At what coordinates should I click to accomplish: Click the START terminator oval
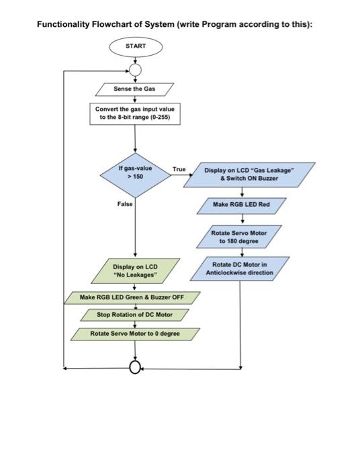click(135, 46)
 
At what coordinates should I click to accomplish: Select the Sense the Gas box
click(135, 89)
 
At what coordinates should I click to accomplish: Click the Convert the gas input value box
click(135, 113)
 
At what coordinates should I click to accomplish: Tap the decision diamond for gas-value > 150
click(135, 173)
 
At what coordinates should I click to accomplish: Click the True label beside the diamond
click(179, 169)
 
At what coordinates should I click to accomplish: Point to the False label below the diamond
click(125, 203)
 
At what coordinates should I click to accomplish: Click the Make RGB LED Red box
click(241, 204)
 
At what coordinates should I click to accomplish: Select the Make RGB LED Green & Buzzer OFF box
click(132, 297)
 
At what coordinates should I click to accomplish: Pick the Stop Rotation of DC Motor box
click(134, 314)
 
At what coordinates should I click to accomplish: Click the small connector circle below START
click(135, 69)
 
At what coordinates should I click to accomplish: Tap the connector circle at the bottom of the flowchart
click(135, 368)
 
